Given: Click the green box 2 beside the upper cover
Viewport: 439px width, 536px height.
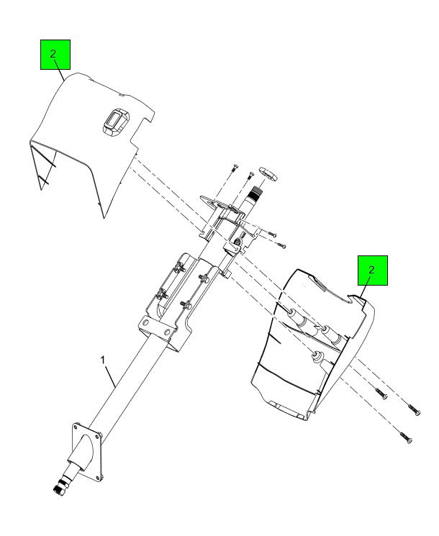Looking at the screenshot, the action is coord(55,55).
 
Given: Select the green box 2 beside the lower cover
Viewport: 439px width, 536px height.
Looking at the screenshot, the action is coord(373,271).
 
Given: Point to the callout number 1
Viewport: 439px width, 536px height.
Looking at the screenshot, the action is coord(103,360).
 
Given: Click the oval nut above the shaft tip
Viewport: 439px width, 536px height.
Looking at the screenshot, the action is coord(268,172).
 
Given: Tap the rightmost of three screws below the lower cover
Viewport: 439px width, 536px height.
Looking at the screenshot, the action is coord(414,409).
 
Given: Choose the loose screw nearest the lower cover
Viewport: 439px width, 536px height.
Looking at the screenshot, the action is coord(381,394).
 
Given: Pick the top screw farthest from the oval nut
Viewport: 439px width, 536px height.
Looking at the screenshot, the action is coord(233,167).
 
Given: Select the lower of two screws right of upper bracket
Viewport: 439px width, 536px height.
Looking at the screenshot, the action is coord(281,245).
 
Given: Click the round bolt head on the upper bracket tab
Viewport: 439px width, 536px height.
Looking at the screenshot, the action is coord(237,242).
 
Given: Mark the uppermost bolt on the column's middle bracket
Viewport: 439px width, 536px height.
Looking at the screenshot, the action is coord(177,268).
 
